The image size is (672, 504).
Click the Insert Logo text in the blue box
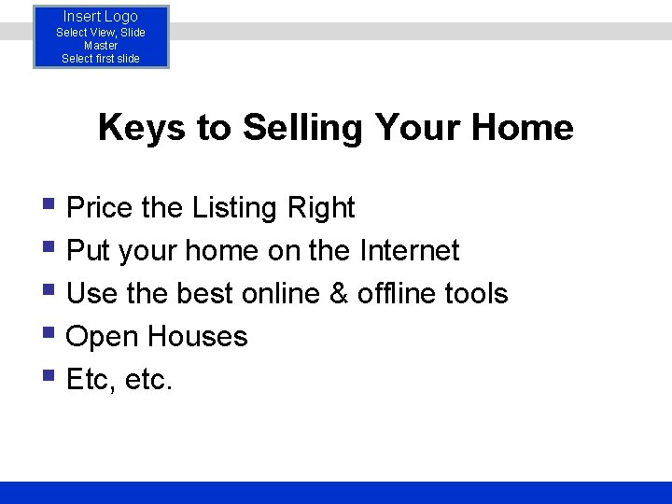coord(101,17)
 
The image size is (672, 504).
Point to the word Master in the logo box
coord(101,45)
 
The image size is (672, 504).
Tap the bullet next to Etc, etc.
coord(49,376)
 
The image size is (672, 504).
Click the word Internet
coord(409,250)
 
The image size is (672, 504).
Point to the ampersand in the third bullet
coord(338,293)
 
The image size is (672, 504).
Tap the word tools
coord(476,293)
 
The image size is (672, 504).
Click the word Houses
coord(197,336)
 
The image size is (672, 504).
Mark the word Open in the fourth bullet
coord(103,336)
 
